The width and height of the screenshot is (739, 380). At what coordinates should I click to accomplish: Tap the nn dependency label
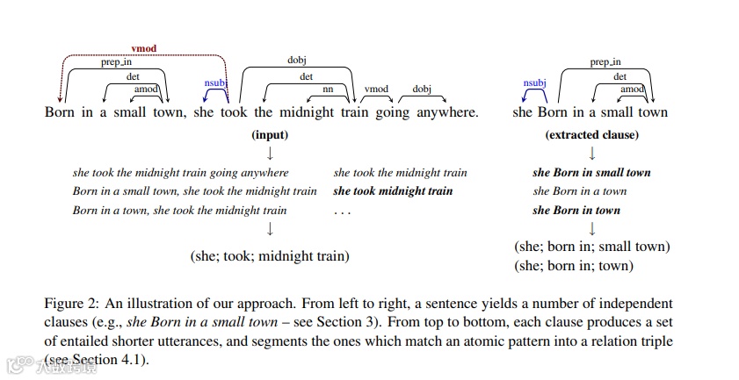point(329,90)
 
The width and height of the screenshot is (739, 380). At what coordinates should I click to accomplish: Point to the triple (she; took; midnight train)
point(270,256)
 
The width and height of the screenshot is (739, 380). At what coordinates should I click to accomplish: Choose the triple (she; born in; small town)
point(591,247)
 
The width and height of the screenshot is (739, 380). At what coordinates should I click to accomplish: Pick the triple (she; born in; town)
point(573,265)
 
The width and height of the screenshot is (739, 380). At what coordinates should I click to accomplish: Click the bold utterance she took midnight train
point(393,191)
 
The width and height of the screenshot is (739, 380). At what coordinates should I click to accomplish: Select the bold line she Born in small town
point(591,173)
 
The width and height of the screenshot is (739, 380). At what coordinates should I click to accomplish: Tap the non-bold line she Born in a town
point(579,191)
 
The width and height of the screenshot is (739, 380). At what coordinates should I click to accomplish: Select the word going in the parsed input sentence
point(380,112)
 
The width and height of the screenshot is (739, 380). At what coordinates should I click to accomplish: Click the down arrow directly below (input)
point(270,153)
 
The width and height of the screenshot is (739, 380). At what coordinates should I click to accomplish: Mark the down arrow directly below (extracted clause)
point(591,153)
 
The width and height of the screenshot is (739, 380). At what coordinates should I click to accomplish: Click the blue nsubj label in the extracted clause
point(534,82)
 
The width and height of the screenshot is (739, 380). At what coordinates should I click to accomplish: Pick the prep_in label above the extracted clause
point(605,62)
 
